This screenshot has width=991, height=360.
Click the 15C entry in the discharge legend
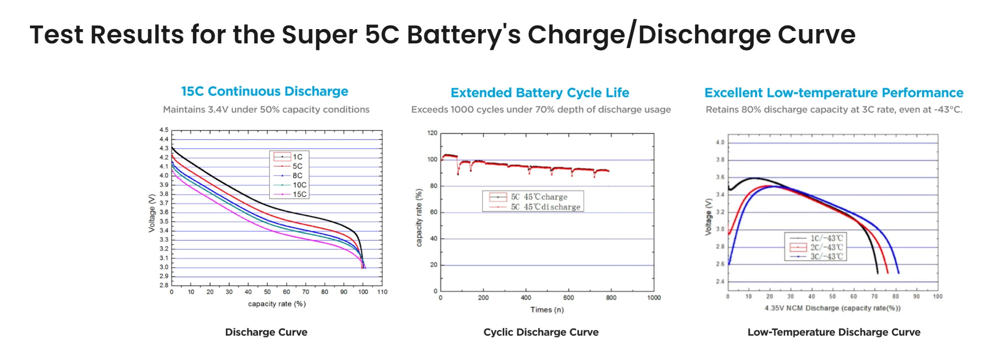click(x=299, y=195)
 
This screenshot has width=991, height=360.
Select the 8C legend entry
click(x=297, y=176)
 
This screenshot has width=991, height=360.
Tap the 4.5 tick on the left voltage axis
click(x=164, y=130)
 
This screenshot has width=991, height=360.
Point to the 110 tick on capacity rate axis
click(x=382, y=292)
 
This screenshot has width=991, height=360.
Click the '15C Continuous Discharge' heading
click(x=265, y=91)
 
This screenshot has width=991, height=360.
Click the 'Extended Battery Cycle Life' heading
click(x=539, y=93)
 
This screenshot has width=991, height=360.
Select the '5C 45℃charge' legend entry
click(x=539, y=197)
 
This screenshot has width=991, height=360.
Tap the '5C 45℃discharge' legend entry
click(x=545, y=207)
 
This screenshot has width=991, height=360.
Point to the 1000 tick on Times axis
click(x=654, y=298)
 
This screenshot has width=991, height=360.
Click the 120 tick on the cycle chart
click(x=432, y=133)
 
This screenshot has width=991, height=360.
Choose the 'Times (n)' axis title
click(x=547, y=310)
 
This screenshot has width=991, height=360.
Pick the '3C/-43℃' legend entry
click(x=826, y=257)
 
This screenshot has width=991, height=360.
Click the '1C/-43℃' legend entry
click(x=826, y=238)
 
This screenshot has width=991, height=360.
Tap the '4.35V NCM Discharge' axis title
click(x=832, y=308)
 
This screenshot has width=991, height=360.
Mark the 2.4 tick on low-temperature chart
click(x=720, y=282)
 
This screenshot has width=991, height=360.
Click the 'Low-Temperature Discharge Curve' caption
click(x=834, y=332)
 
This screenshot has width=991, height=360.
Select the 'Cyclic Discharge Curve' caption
click(x=540, y=332)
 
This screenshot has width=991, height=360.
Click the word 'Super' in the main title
click(x=319, y=35)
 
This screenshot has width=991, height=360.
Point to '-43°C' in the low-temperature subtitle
click(x=948, y=110)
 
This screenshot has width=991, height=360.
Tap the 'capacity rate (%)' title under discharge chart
click(x=276, y=304)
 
